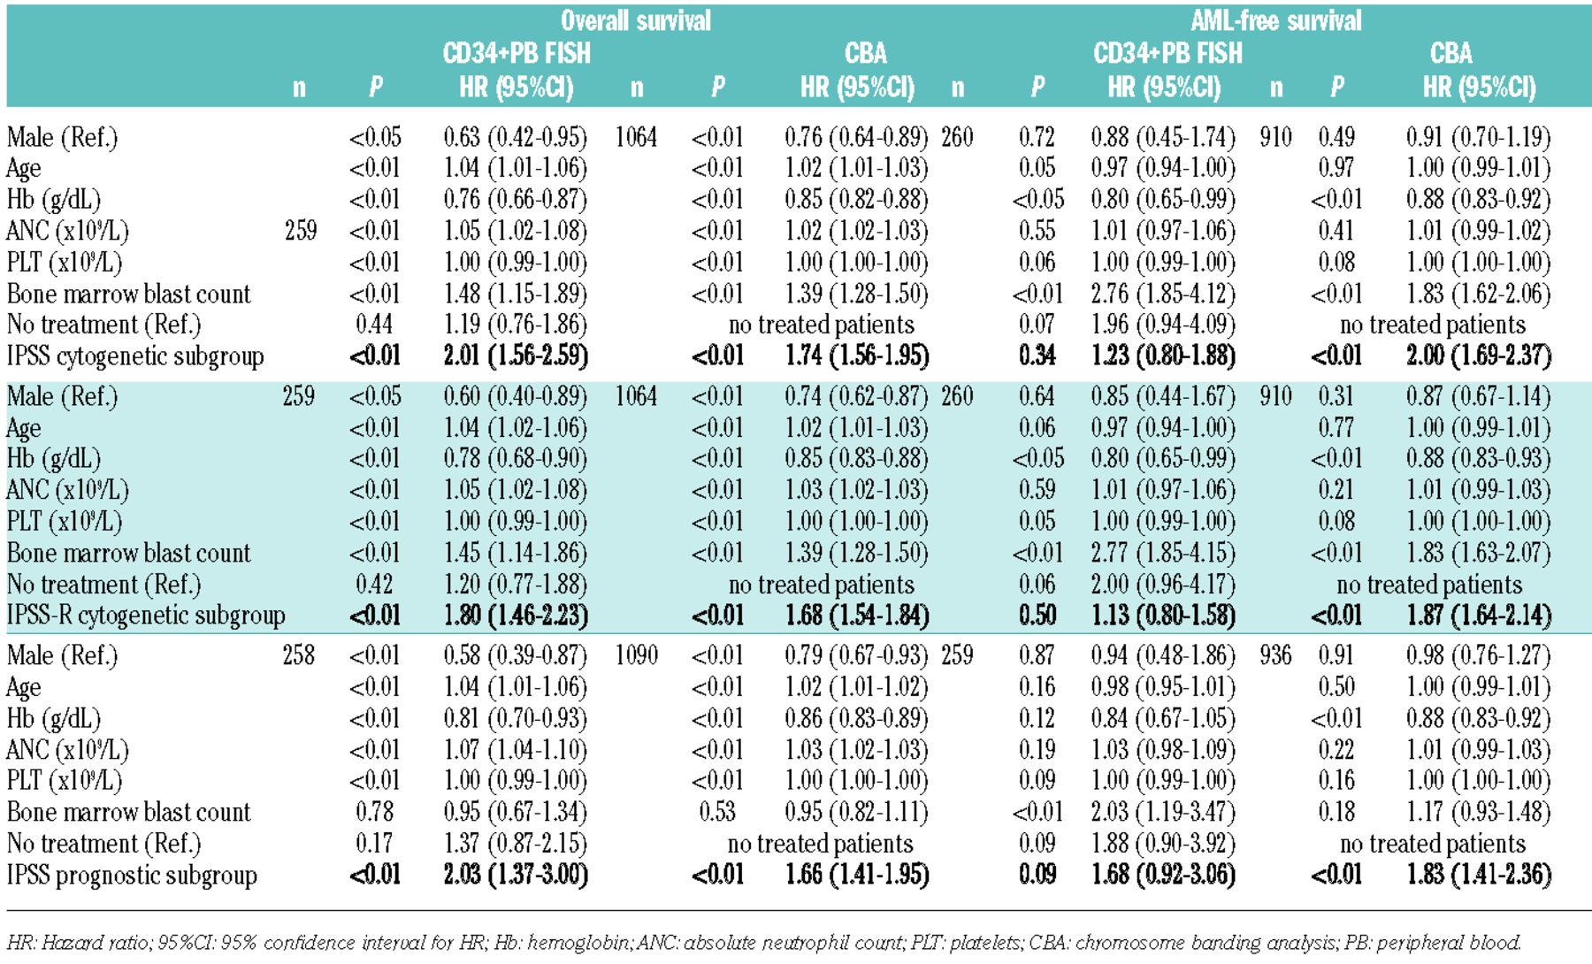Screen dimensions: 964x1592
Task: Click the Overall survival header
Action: [x=635, y=21]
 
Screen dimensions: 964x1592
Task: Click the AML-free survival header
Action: [x=1275, y=21]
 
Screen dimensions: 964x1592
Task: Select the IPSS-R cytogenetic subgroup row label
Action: [x=146, y=616]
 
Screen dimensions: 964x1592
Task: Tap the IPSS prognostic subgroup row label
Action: [x=132, y=875]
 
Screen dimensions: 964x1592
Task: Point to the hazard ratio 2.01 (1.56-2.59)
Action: [x=516, y=356]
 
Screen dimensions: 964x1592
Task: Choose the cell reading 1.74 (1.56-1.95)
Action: [x=857, y=356]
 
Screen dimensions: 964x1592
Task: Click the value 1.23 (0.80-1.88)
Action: [x=1163, y=356]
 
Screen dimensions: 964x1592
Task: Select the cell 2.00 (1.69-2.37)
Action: [x=1479, y=356]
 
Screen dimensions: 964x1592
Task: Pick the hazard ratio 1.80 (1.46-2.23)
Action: [x=516, y=616]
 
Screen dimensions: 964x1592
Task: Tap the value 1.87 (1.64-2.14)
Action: [x=1479, y=616]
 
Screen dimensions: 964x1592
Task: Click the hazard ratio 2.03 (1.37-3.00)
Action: [x=516, y=875]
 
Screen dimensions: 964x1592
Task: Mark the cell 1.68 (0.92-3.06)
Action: [x=1163, y=875]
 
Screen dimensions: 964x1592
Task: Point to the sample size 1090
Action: [x=636, y=655]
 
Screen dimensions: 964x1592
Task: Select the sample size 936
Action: [x=1275, y=655]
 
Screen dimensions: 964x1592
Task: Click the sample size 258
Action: [x=299, y=655]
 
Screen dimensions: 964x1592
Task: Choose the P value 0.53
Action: [x=717, y=812]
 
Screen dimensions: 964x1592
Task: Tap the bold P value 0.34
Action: [x=1037, y=356]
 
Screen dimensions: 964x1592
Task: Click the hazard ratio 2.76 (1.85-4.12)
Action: [x=1163, y=294]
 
